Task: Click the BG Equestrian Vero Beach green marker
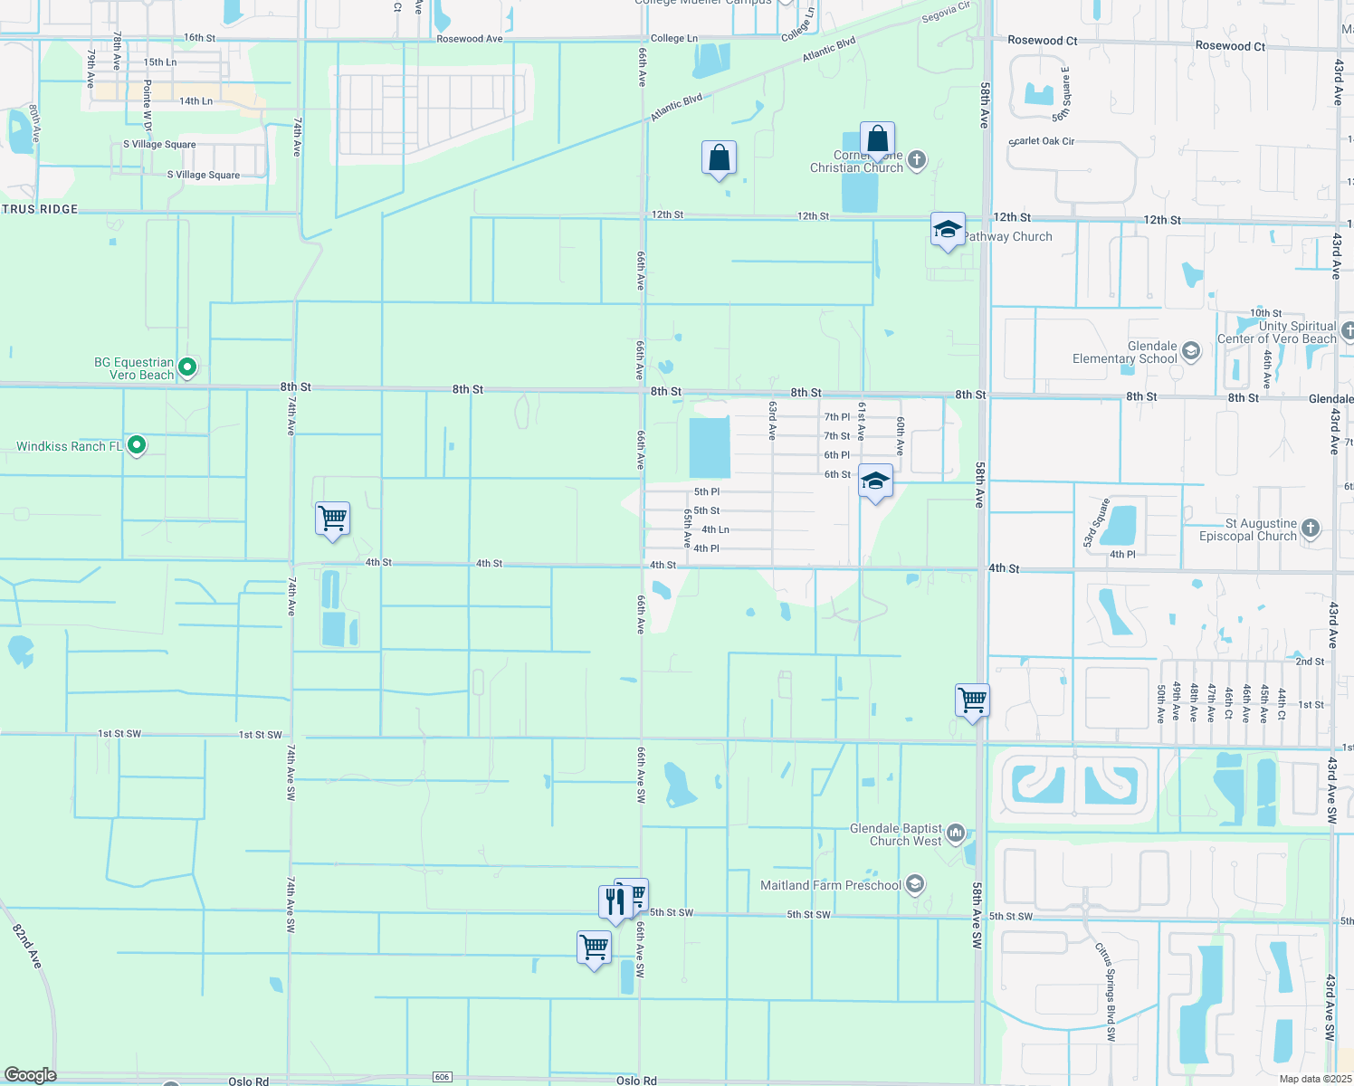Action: (x=187, y=367)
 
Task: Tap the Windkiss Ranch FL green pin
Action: (x=137, y=445)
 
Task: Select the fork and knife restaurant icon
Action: (x=615, y=901)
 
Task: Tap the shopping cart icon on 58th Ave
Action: (x=972, y=700)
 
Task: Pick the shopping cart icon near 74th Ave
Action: (x=332, y=519)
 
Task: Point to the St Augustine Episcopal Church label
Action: (x=1248, y=530)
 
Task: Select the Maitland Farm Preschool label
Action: (x=831, y=885)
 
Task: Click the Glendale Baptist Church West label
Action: (x=896, y=835)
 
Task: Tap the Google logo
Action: (x=30, y=1075)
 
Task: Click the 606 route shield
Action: (x=442, y=1077)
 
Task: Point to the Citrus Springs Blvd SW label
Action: (x=1106, y=992)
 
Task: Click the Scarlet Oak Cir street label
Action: (x=1042, y=141)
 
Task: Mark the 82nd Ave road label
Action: (x=27, y=946)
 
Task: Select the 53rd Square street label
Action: (x=1096, y=523)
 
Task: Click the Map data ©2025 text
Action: (x=1315, y=1079)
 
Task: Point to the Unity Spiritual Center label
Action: (x=1276, y=332)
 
